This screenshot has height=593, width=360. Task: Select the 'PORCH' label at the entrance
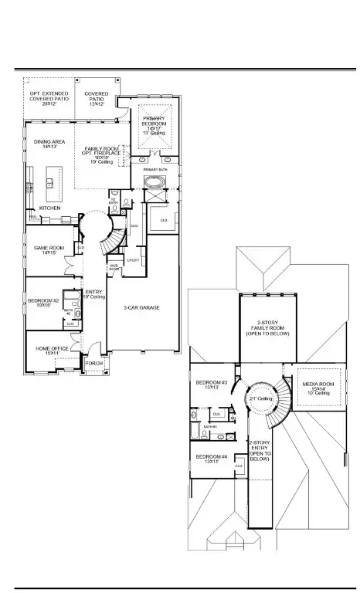(x=94, y=363)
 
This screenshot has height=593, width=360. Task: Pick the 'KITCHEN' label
(x=50, y=208)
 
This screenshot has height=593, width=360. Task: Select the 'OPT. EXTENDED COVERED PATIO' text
(x=49, y=98)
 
